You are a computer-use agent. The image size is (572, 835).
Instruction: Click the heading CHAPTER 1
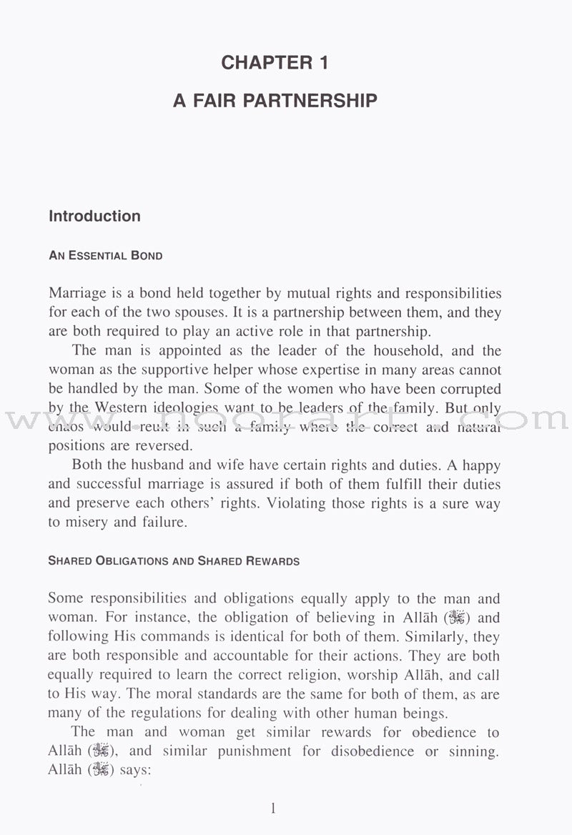[275, 63]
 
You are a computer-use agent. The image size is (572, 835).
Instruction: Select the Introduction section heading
[94, 216]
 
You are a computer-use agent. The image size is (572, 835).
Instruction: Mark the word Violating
[297, 503]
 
